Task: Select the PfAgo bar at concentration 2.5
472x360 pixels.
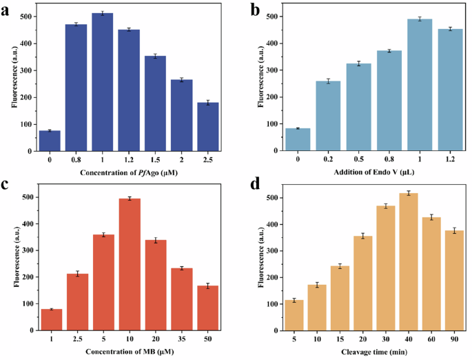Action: pos(207,127)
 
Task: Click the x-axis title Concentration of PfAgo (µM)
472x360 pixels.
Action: pos(128,172)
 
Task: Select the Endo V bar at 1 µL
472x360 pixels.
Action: pos(419,86)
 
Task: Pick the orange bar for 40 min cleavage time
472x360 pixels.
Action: pos(409,262)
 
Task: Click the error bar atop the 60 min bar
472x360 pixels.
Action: pos(431,217)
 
